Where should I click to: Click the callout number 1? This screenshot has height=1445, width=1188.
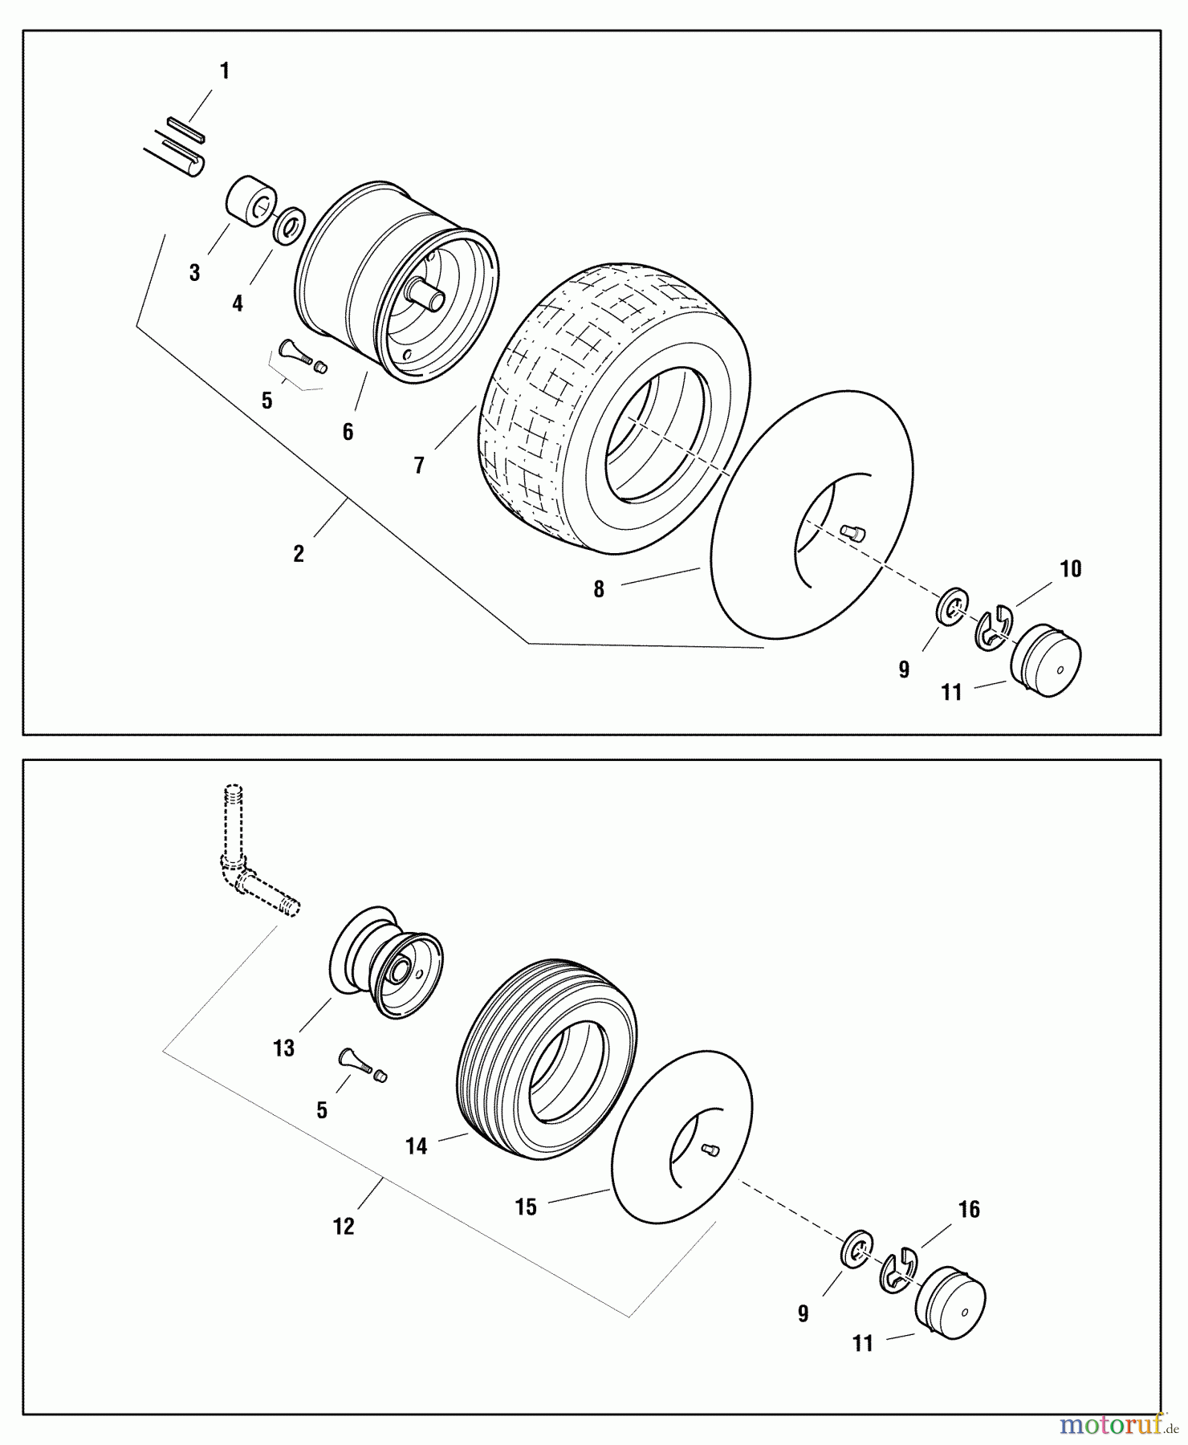(225, 71)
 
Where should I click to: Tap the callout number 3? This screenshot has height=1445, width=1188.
(194, 273)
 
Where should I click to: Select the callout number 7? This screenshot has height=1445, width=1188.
(418, 466)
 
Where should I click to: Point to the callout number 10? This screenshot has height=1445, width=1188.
(1071, 569)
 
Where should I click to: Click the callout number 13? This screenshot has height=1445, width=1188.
(284, 1048)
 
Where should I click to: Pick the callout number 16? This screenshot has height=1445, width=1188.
(969, 1209)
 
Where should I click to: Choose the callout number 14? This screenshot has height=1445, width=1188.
(416, 1146)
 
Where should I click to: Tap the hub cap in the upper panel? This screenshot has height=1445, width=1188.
(1046, 659)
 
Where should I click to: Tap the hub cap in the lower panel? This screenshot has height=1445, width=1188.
(952, 1305)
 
